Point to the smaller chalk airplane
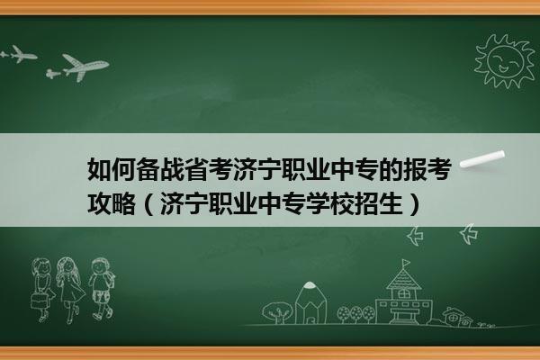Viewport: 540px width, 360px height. [18, 54]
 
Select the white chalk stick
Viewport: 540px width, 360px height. [482, 159]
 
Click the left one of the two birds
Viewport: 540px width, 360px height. [415, 236]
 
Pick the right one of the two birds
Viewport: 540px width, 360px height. [469, 233]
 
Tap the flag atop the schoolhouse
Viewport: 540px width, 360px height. [407, 263]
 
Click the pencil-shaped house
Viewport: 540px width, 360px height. [310, 302]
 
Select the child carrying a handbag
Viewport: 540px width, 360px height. [41, 290]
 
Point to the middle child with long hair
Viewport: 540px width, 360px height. [70, 290]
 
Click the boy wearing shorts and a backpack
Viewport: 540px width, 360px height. [102, 289]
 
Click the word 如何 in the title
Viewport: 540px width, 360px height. [111, 169]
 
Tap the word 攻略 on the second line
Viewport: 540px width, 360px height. [111, 204]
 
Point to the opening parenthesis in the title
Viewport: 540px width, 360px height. [148, 204]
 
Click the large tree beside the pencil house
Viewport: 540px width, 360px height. [277, 312]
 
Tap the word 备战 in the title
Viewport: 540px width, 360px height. [159, 169]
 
